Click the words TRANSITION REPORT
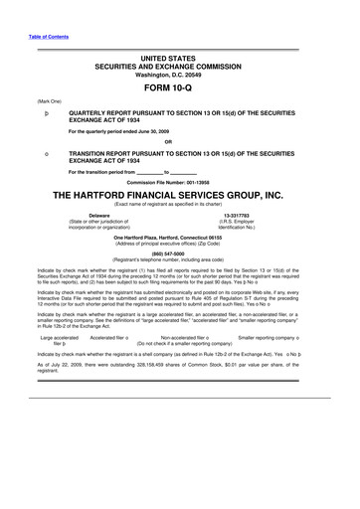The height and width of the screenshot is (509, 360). click(104, 153)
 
